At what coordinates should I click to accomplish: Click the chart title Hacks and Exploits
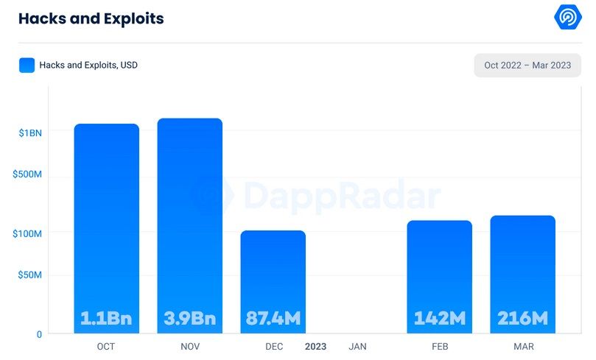[91, 18]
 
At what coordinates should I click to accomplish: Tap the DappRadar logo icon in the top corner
[568, 17]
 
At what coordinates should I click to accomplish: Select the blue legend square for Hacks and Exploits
[27, 65]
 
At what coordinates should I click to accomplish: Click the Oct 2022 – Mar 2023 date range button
[527, 65]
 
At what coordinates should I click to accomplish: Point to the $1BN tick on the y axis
[30, 133]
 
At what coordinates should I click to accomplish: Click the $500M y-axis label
[28, 174]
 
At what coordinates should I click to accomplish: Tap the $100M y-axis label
[28, 233]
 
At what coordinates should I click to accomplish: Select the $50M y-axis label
[30, 275]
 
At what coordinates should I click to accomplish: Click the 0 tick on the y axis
[39, 334]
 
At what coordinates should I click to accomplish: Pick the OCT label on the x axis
[106, 346]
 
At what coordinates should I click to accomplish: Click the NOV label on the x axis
[189, 346]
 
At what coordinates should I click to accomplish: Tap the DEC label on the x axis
[273, 346]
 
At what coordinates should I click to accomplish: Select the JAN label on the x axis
[357, 346]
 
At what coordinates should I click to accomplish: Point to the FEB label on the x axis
[440, 346]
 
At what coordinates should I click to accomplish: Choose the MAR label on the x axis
[523, 346]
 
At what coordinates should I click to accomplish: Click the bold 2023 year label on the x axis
[315, 346]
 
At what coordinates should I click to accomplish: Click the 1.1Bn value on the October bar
[106, 319]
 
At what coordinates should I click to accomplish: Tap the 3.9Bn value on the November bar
[189, 319]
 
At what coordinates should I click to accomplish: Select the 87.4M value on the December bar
[273, 319]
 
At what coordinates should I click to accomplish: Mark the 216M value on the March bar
[523, 319]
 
